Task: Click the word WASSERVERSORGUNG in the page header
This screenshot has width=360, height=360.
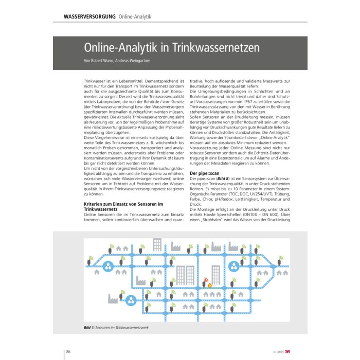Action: (89, 16)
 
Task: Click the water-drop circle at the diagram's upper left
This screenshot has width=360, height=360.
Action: (109, 266)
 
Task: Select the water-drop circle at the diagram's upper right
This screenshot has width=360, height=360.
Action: (233, 266)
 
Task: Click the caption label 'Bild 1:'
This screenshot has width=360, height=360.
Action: (91, 327)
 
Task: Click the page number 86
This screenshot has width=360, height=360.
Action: (68, 351)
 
